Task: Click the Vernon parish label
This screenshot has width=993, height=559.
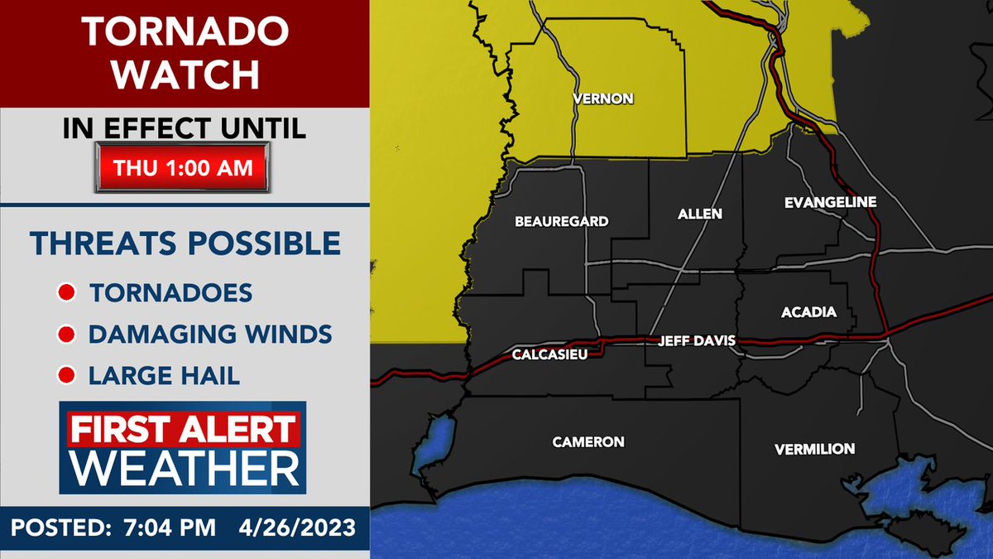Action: [603, 99]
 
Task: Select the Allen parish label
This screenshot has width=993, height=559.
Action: [700, 214]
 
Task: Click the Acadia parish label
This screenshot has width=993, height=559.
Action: [808, 312]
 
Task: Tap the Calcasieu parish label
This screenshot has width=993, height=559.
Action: [543, 355]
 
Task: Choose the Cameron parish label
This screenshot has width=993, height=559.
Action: [588, 441]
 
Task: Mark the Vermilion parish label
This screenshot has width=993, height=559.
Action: [814, 449]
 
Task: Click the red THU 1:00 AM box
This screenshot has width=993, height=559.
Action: [184, 167]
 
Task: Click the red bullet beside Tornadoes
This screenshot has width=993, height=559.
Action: [65, 293]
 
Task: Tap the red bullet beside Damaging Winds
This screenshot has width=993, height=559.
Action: [65, 335]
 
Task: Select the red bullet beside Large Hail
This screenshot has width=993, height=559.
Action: [65, 376]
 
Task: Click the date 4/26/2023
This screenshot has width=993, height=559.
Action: [297, 528]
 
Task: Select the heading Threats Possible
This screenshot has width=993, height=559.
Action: [185, 244]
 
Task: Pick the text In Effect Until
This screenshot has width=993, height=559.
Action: [185, 128]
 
